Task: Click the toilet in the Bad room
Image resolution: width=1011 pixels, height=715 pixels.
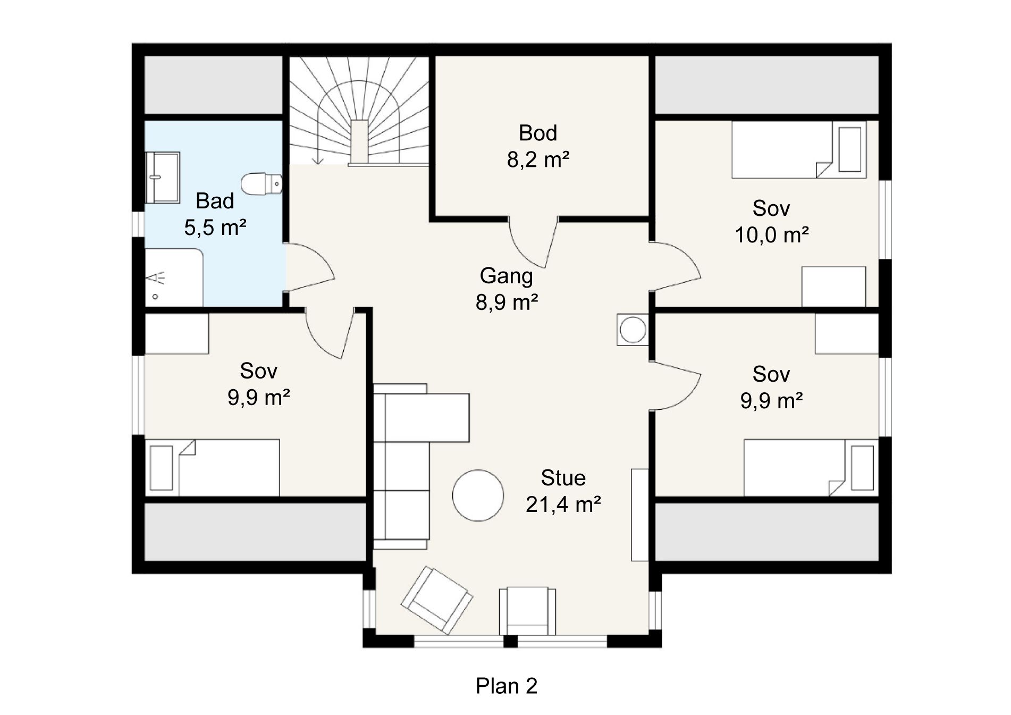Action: coord(262,183)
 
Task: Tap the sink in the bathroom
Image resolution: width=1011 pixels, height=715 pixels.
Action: coord(163,177)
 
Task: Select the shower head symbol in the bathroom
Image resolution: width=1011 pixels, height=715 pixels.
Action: coord(156,278)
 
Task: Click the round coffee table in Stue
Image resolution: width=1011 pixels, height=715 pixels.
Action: coord(478,495)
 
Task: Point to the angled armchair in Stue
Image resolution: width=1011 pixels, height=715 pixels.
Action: coord(437,600)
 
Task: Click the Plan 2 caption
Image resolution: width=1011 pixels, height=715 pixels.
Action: coord(507,686)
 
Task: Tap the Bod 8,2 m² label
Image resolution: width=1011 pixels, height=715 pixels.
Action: coord(538,146)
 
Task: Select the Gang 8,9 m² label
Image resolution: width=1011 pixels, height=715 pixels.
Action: coord(507,289)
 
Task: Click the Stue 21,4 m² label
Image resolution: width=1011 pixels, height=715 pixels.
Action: coord(563,491)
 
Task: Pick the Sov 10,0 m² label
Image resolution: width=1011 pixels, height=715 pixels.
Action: coord(771,221)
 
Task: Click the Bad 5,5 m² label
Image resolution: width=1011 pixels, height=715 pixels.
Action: coord(215,214)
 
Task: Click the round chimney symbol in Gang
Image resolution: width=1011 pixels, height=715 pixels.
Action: coord(633,330)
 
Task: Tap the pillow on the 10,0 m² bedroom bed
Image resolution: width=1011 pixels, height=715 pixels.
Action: coord(849,149)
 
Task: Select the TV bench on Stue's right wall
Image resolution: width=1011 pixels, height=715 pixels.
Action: coord(640,515)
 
